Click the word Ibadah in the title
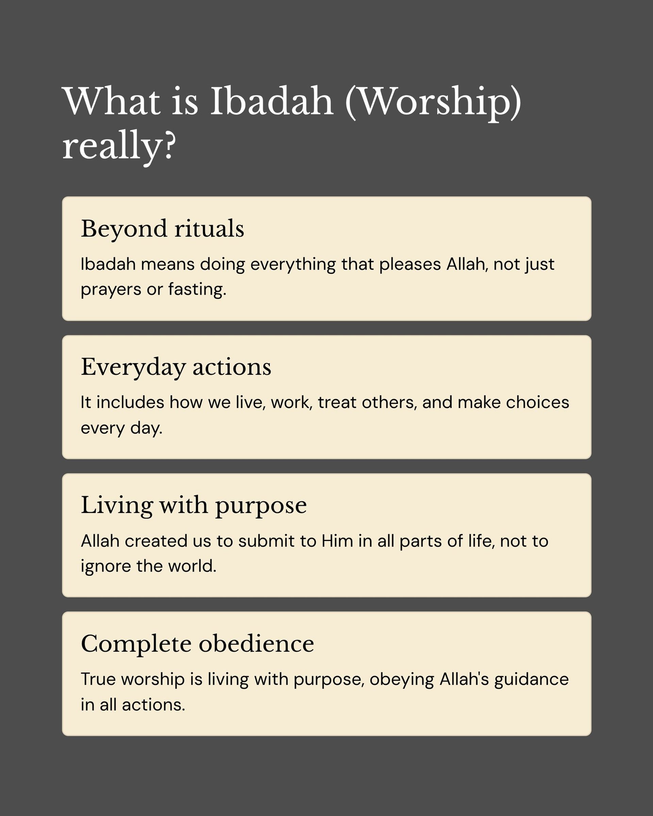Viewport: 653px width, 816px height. tap(271, 101)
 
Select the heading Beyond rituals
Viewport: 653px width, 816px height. tap(162, 228)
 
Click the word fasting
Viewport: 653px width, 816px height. tap(197, 289)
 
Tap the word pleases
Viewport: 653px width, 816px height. tap(410, 264)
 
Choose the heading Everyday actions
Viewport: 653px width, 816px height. tap(176, 367)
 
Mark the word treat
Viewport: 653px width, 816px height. tap(337, 402)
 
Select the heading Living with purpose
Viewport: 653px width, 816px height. tap(194, 505)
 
